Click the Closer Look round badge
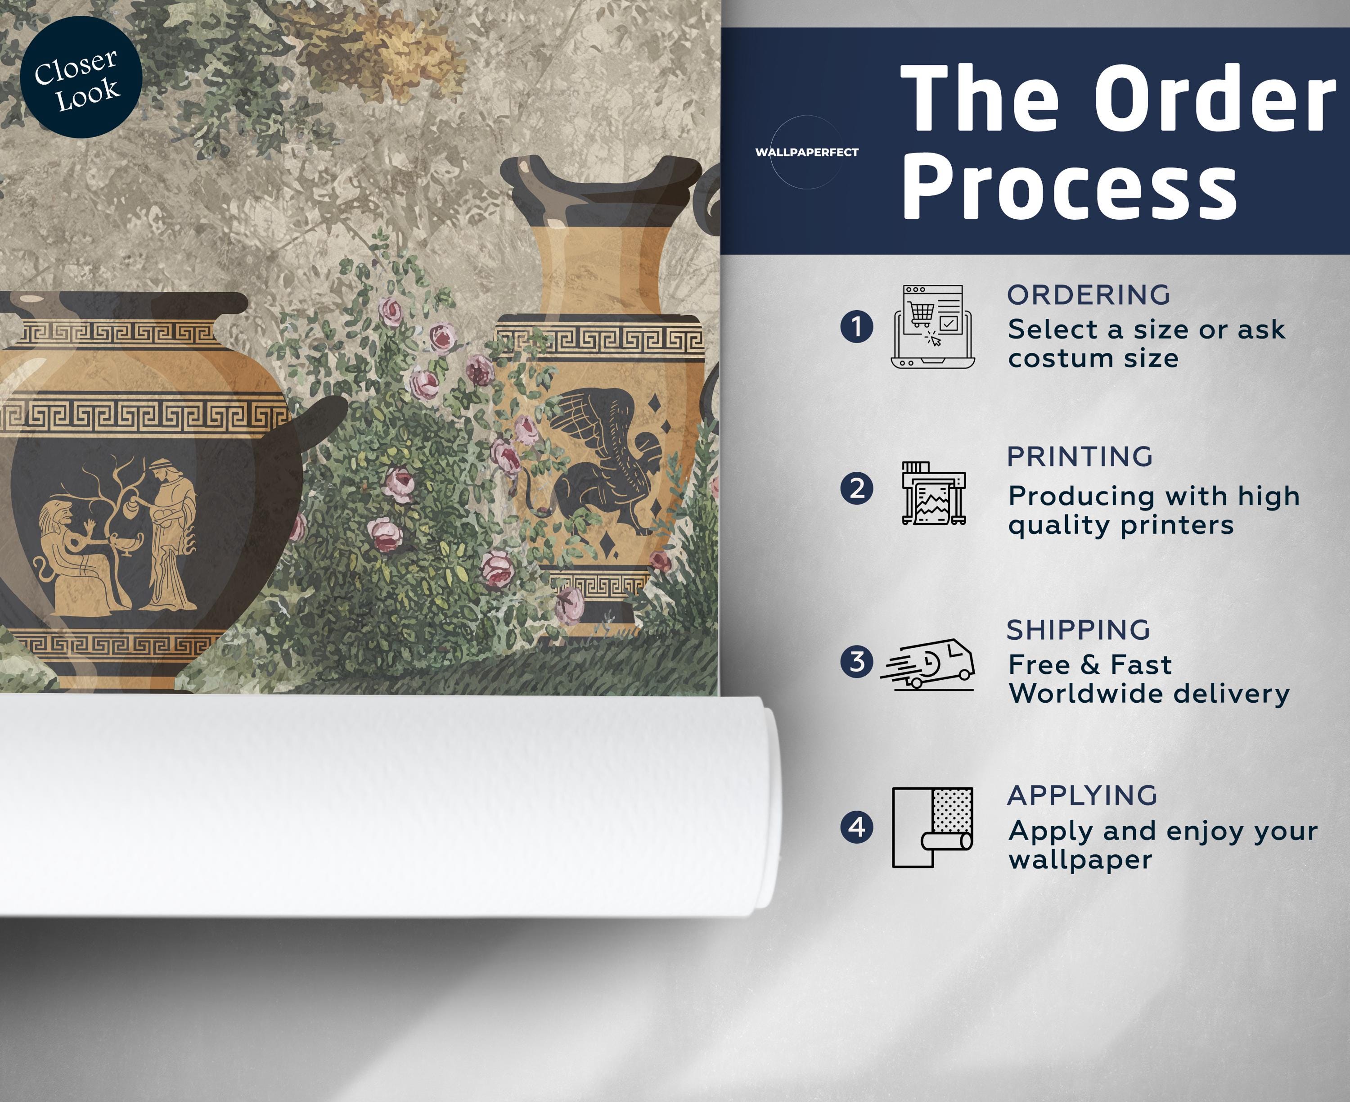tap(81, 77)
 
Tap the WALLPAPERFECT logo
tap(806, 152)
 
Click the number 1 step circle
tap(856, 327)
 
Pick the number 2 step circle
tap(856, 489)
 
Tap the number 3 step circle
tap(856, 661)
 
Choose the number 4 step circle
tap(856, 827)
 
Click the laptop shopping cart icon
tap(932, 326)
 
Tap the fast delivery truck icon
tap(927, 664)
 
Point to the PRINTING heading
tap(1080, 456)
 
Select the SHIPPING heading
tap(1079, 630)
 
